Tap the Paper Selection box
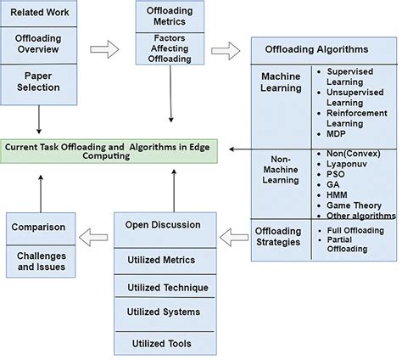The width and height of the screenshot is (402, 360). point(41,82)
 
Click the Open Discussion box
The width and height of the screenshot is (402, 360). point(163,225)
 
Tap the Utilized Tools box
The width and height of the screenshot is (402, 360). point(163,343)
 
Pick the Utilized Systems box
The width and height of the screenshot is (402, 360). point(163,312)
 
